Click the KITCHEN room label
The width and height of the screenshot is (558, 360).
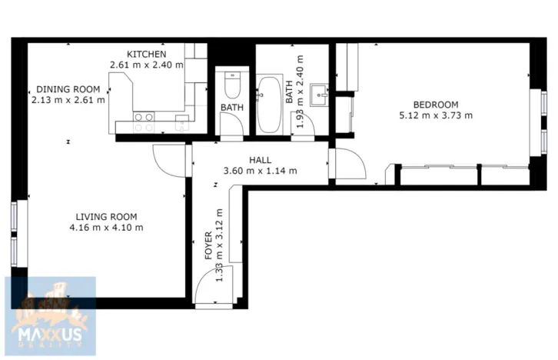(147, 54)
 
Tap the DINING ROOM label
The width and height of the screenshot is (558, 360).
(68, 89)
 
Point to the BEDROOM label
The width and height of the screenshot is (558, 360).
(435, 105)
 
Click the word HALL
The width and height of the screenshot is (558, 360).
(260, 160)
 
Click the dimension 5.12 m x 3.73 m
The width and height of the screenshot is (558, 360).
(435, 116)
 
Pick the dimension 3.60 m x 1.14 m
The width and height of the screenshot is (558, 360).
(260, 171)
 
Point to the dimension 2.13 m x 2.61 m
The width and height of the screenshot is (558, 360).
(68, 100)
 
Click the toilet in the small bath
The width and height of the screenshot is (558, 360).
(231, 82)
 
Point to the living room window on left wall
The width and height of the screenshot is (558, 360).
(14, 234)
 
